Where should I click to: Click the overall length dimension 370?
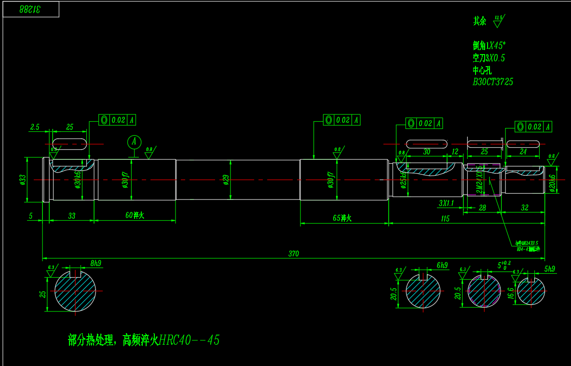click(294, 253)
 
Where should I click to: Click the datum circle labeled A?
click(134, 142)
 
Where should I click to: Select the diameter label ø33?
click(22, 180)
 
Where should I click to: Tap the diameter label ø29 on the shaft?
click(226, 180)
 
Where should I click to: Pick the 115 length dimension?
click(445, 219)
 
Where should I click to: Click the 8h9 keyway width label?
click(96, 263)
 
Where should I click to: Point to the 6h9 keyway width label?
click(442, 265)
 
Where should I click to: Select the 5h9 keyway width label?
click(549, 269)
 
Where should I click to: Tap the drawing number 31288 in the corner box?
click(31, 9)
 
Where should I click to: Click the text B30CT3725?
click(493, 82)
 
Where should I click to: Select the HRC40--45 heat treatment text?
click(189, 340)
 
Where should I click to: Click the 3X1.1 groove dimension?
click(446, 203)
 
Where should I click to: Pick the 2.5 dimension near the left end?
click(35, 127)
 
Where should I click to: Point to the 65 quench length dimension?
click(342, 218)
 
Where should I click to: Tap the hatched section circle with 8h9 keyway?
click(75, 291)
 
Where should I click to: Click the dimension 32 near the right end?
click(525, 208)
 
